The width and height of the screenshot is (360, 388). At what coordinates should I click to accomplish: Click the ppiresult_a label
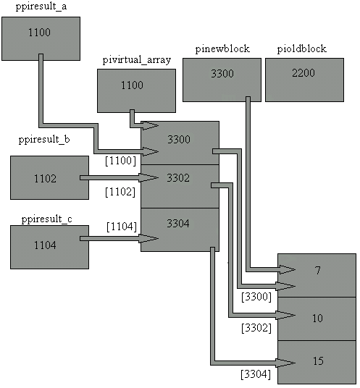tap(41, 7)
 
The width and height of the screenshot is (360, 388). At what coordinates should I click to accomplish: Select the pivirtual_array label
tap(137, 60)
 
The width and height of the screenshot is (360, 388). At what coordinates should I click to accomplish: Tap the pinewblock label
tap(222, 48)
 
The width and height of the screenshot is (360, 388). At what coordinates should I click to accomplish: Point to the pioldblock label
tap(301, 48)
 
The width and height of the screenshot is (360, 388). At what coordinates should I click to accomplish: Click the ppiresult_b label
tap(44, 140)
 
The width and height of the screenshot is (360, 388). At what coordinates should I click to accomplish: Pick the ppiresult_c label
tap(46, 219)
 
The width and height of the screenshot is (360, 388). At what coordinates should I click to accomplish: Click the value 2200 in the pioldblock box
tap(304, 73)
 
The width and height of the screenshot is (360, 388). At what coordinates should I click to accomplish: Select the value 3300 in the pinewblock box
tap(222, 74)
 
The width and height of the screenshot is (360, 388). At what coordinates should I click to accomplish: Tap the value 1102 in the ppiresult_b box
tap(45, 178)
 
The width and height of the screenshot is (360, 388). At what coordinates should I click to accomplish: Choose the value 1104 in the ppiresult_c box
tap(45, 245)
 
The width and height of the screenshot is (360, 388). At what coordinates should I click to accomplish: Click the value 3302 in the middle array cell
tap(178, 178)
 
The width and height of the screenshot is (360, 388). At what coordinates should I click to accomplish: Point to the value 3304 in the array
tap(178, 224)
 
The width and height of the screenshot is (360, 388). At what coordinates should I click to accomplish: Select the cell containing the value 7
tap(317, 275)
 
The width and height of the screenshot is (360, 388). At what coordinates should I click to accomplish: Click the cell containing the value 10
tap(317, 319)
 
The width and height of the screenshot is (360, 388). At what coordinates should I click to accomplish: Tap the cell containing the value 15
tap(317, 362)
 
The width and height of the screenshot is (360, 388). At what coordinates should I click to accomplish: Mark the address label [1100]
tap(120, 161)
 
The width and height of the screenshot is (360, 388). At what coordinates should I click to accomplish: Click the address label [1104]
tap(122, 227)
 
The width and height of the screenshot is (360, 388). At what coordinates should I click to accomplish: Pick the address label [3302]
tap(256, 328)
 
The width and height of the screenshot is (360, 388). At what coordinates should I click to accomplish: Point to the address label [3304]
tap(256, 374)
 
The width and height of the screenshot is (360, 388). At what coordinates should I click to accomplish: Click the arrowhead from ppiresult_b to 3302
tap(148, 177)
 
